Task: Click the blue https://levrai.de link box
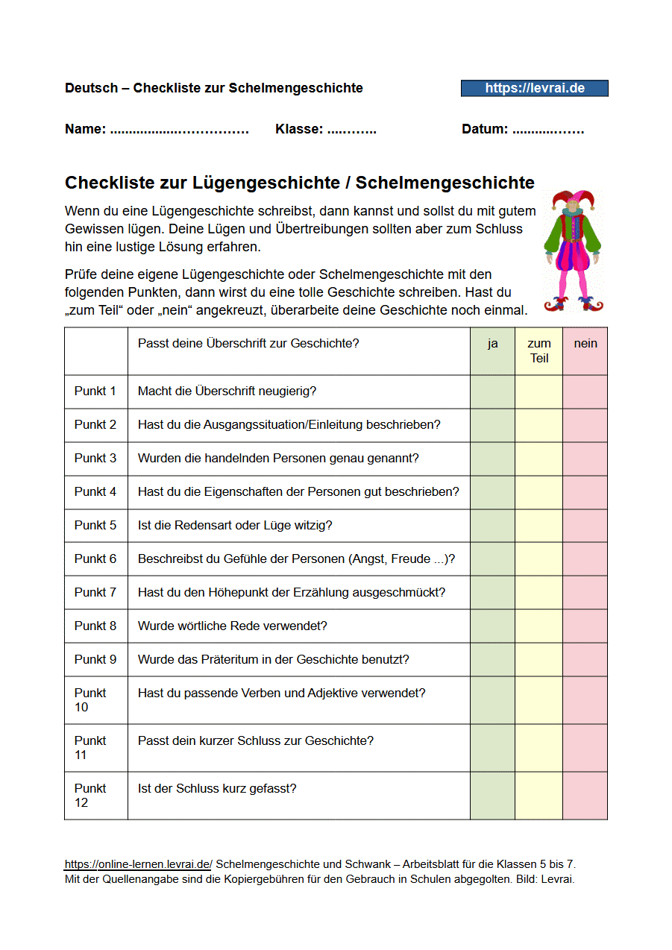tap(534, 88)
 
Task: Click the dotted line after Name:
tap(179, 130)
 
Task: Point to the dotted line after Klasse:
tap(351, 130)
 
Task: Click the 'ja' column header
tap(492, 344)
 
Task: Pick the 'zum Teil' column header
tap(538, 350)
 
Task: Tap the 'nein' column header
tap(585, 344)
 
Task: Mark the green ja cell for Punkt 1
tap(492, 391)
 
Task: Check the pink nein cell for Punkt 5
tap(585, 526)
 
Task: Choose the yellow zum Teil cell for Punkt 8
tap(538, 626)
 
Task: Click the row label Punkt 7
tap(95, 593)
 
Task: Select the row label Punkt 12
tap(90, 795)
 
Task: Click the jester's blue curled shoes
tap(573, 303)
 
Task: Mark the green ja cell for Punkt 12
tap(492, 796)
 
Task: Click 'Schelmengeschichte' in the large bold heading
tap(445, 183)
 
